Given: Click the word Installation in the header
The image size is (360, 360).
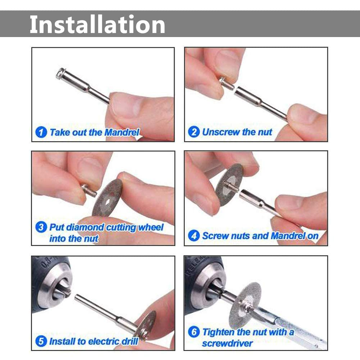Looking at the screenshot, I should tap(97, 24).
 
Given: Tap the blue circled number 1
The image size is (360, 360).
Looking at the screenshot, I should tap(41, 132).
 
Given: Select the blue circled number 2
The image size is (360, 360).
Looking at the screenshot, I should tap(193, 132).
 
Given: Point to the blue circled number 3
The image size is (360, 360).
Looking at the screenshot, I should tap(41, 227).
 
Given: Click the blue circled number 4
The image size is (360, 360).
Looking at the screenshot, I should tap(194, 236).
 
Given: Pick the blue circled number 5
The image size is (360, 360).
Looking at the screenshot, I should tap(41, 341).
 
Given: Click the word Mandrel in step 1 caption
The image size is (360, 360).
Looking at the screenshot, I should tap(122, 132).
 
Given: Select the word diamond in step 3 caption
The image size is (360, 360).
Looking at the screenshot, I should tap(85, 227).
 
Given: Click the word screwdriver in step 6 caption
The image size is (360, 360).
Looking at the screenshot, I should tap(227, 343).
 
